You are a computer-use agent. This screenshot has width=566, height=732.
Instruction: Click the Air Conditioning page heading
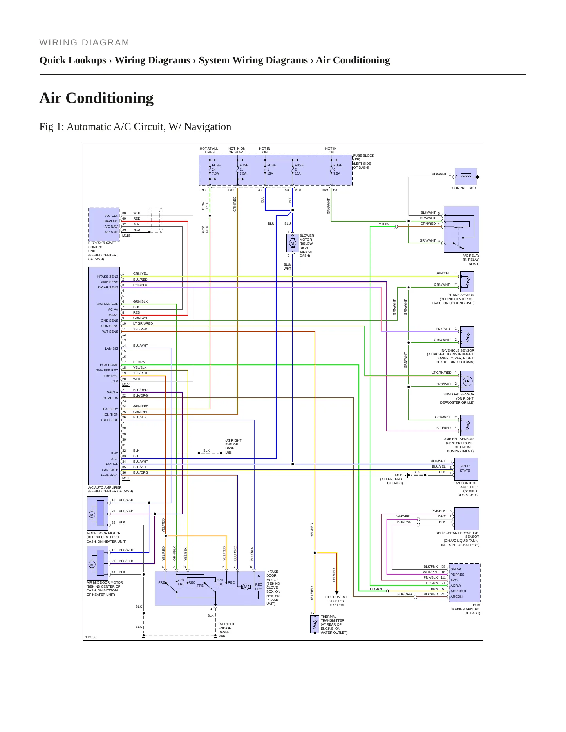point(96,98)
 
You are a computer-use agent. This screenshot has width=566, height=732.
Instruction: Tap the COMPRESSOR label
point(464,188)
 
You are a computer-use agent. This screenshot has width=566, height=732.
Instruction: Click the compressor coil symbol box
point(466,177)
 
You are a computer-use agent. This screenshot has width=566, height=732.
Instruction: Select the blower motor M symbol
point(292,243)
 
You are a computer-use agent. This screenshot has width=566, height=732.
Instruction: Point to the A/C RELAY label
point(471,256)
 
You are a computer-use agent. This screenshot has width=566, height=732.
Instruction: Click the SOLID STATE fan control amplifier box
point(466,469)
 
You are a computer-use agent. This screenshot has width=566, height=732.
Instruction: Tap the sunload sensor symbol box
point(467,381)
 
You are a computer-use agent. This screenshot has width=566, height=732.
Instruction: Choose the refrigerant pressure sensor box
point(467,519)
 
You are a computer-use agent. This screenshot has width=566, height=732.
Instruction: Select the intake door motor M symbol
point(246,587)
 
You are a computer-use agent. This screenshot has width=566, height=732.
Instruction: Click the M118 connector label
point(126,236)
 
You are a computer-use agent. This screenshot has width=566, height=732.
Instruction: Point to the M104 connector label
point(126,384)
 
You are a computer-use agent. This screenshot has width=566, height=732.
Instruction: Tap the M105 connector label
point(126,478)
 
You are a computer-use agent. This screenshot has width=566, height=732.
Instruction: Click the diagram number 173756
point(91,637)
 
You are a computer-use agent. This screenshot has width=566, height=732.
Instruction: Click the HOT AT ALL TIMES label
point(209,150)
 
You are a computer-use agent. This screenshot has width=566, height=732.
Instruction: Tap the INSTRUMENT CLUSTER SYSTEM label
point(336,601)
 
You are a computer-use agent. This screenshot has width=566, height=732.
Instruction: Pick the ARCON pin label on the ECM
point(456,597)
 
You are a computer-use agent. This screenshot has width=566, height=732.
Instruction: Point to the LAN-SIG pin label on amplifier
point(112,348)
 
